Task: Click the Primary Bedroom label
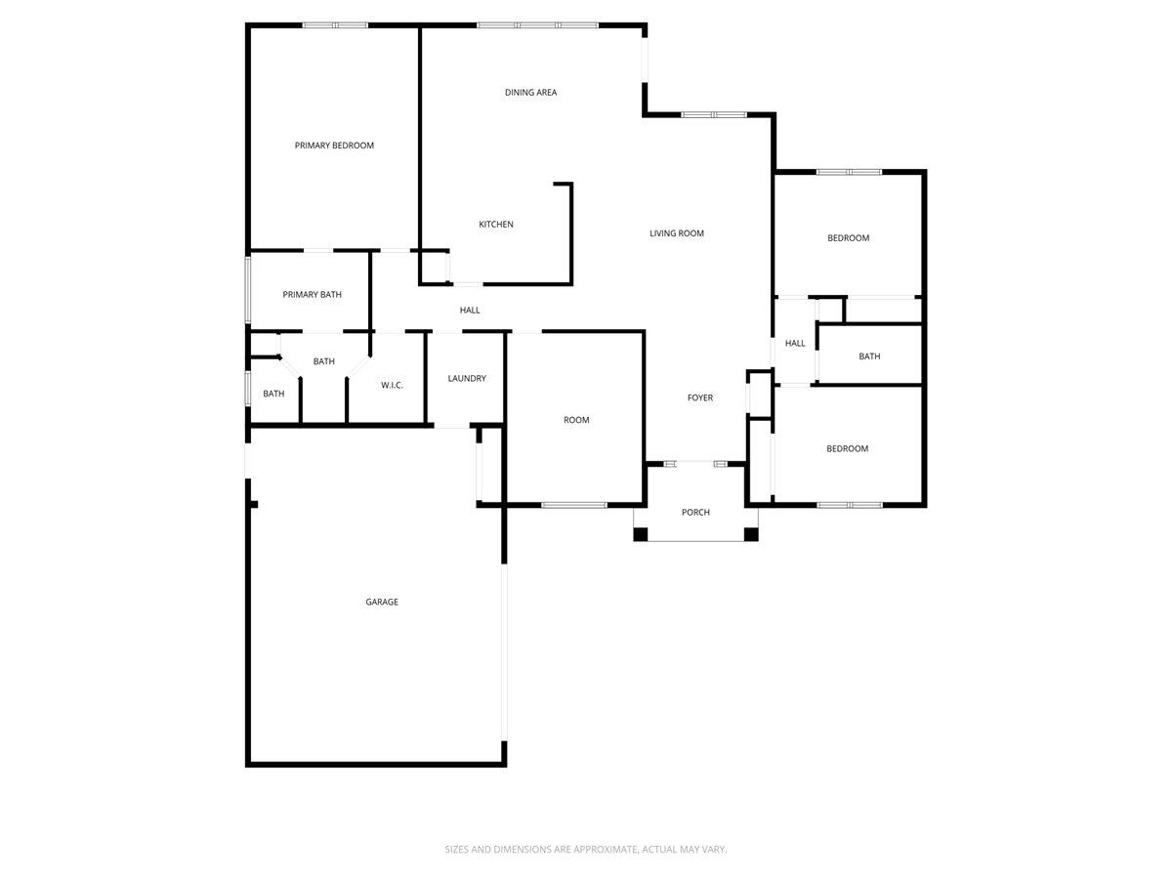click(334, 146)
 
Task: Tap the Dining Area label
click(530, 93)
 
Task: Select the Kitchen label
click(495, 225)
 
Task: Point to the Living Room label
click(677, 233)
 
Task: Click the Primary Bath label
click(312, 294)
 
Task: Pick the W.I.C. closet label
click(392, 386)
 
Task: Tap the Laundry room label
click(467, 379)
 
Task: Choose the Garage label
click(382, 603)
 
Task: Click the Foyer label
click(699, 398)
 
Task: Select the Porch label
click(695, 513)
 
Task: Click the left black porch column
click(641, 534)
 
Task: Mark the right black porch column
click(751, 534)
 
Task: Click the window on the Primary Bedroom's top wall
click(335, 24)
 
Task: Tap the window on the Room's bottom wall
click(574, 505)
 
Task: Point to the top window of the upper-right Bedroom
click(849, 172)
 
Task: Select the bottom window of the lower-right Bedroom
click(849, 505)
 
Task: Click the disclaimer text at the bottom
click(586, 850)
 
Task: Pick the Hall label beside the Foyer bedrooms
click(795, 343)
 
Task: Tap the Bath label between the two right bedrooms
click(869, 356)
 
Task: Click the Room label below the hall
click(576, 420)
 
